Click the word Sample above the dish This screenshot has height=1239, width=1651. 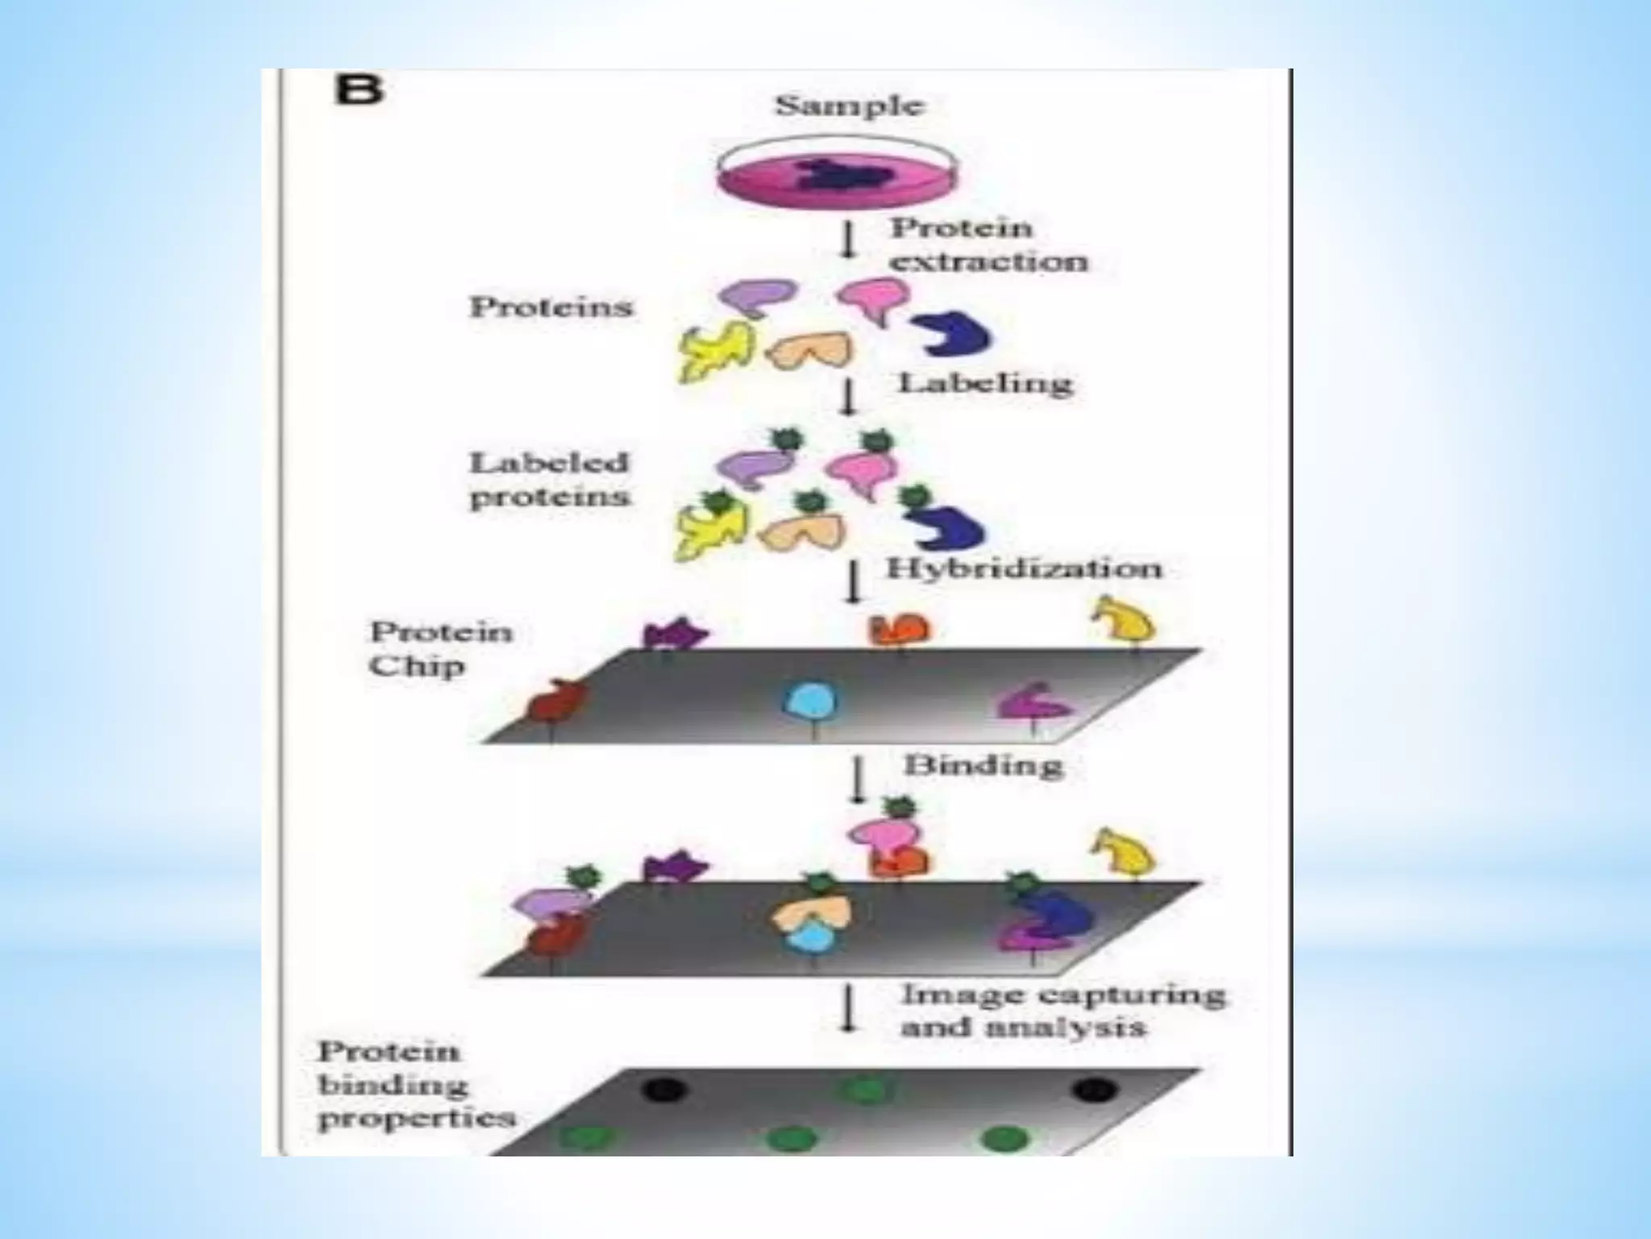849,106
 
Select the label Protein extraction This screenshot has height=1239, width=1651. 988,244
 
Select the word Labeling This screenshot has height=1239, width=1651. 985,382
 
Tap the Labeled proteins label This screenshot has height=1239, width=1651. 549,479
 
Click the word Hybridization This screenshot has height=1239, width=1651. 1025,569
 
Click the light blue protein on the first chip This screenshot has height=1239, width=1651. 811,701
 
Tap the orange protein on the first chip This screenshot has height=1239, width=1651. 899,630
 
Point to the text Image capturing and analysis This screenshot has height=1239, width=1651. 1062,1010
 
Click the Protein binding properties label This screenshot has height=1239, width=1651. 414,1084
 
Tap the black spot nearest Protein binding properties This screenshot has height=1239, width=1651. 664,1091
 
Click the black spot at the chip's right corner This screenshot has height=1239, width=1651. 1095,1091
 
